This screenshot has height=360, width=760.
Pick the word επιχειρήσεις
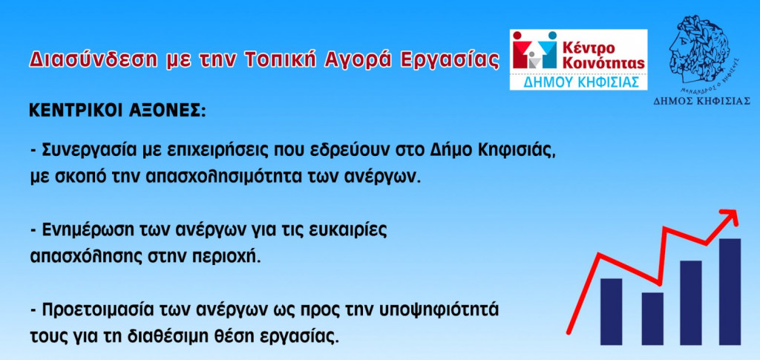pos(226,151)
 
